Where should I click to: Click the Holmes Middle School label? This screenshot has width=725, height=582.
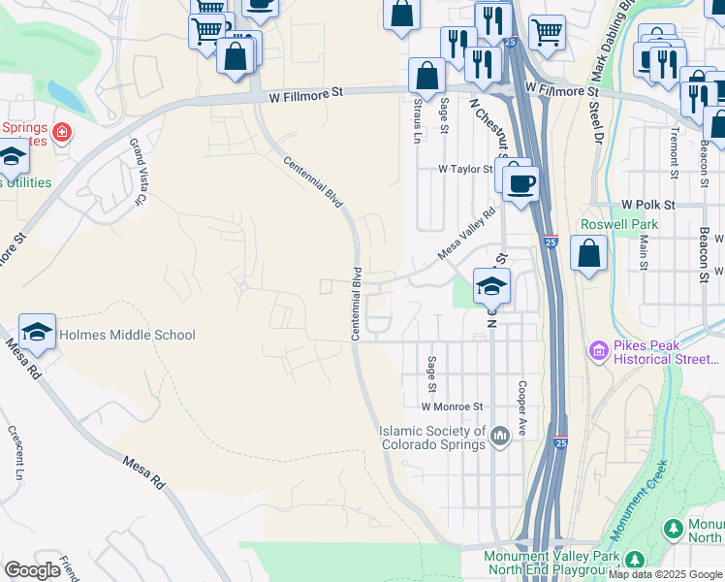pyautogui.click(x=127, y=336)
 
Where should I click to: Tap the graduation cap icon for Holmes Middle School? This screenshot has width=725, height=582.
pyautogui.click(x=38, y=333)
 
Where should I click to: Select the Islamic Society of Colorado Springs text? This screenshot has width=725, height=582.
pyautogui.click(x=432, y=437)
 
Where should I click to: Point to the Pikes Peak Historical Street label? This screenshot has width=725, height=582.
pyautogui.click(x=666, y=352)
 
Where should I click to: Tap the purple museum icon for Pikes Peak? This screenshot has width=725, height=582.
pyautogui.click(x=598, y=348)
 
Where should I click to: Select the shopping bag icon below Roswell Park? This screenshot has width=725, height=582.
pyautogui.click(x=588, y=254)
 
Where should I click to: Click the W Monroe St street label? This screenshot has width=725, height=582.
pyautogui.click(x=452, y=406)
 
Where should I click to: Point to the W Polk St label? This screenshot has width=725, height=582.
pyautogui.click(x=647, y=205)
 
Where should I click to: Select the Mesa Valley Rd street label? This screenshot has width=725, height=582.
pyautogui.click(x=466, y=234)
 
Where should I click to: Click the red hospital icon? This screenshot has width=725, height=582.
pyautogui.click(x=62, y=131)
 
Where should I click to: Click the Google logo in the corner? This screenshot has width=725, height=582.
pyautogui.click(x=31, y=569)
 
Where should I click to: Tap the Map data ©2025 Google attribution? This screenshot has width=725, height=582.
pyautogui.click(x=665, y=574)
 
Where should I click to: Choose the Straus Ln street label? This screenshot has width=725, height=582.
pyautogui.click(x=419, y=119)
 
